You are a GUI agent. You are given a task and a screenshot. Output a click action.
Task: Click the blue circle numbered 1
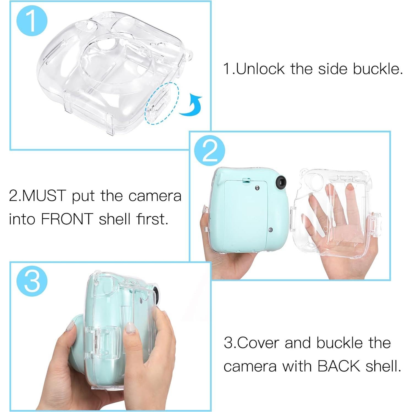pyautogui.click(x=32, y=21)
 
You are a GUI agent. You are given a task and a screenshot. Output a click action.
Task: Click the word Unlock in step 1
pyautogui.click(x=260, y=69)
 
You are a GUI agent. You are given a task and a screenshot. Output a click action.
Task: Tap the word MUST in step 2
pyautogui.click(x=44, y=196)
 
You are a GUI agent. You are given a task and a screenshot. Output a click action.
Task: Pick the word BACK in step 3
pyautogui.click(x=339, y=366)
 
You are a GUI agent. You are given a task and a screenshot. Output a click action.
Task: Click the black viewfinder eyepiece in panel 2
pyautogui.click(x=281, y=182)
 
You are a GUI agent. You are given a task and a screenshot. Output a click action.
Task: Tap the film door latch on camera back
pyautogui.click(x=246, y=181)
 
